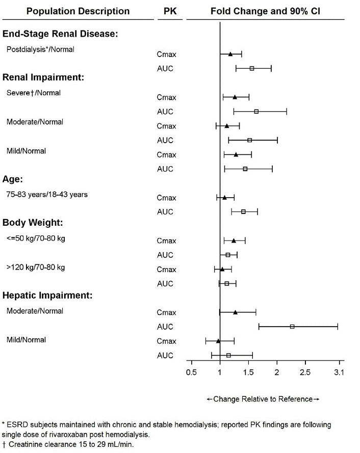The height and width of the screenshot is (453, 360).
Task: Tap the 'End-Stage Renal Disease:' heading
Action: (61, 34)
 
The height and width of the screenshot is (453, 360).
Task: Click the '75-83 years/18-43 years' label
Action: (47, 195)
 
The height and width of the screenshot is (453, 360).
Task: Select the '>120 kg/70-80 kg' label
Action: (36, 267)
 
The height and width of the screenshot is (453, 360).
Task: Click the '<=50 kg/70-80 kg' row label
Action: (36, 238)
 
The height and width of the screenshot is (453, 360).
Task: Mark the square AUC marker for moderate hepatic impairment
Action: (292, 327)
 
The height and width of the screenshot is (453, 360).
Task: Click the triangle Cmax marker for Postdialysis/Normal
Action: (230, 54)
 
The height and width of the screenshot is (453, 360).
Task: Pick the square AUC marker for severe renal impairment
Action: (256, 112)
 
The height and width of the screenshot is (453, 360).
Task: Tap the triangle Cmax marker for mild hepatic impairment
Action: (218, 341)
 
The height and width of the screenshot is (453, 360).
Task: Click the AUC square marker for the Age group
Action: (243, 211)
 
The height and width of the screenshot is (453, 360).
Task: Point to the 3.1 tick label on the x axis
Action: (339, 372)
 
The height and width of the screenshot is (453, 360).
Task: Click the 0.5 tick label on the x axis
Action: (191, 372)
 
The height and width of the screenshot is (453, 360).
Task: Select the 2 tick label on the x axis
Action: (277, 372)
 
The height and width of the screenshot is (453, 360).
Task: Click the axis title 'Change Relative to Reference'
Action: (263, 398)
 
